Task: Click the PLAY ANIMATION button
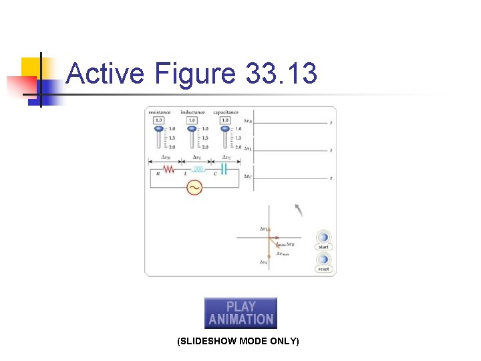tap(240, 313)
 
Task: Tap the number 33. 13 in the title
tap(281, 73)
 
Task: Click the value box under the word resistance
tap(159, 120)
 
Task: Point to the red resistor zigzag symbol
tap(170, 169)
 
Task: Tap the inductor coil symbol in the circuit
tap(198, 169)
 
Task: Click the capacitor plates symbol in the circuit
tap(224, 169)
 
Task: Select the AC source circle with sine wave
tap(194, 188)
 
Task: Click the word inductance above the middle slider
tap(192, 112)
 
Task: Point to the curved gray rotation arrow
tap(299, 211)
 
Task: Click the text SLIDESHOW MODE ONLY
tap(238, 342)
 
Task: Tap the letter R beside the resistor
tap(158, 174)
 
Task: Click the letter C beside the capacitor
tap(214, 174)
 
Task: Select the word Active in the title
tap(105, 73)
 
